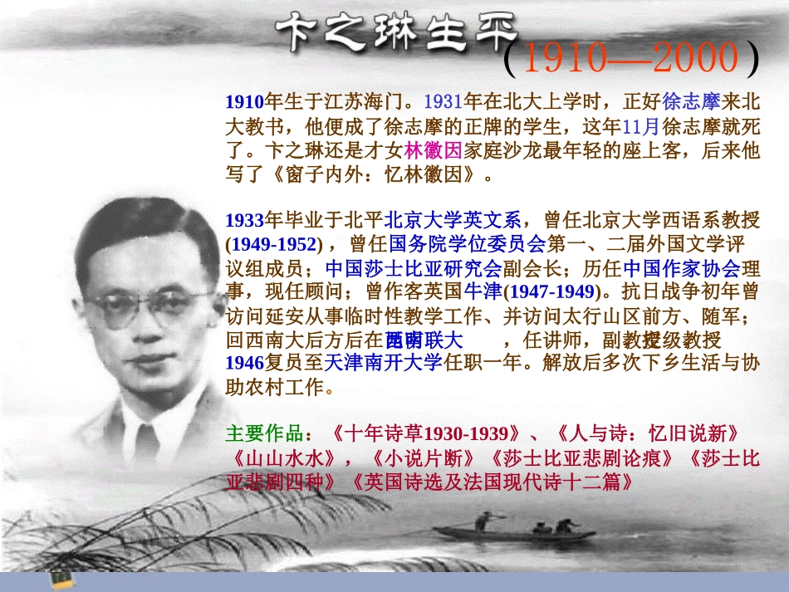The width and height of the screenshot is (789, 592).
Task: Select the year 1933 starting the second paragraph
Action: [244, 220]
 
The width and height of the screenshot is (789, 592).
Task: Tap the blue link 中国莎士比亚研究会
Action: [413, 268]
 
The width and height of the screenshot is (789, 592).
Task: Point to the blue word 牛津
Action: [483, 292]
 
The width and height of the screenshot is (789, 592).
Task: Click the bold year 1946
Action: [244, 364]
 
